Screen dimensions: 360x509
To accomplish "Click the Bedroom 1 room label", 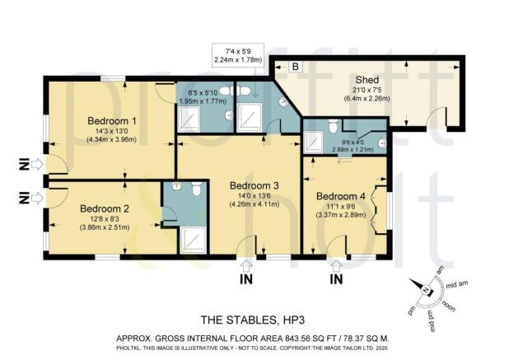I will click(111, 121).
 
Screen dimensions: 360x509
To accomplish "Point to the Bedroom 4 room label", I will click(339, 196).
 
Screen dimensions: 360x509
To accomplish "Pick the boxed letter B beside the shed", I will click(295, 66).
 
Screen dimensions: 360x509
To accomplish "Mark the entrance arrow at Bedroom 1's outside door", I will click(37, 165).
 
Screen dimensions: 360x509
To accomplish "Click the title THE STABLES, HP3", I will click(254, 320).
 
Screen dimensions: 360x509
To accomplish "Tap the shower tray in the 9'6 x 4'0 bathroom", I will click(313, 143).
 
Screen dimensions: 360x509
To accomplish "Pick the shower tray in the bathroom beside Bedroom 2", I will click(193, 240).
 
